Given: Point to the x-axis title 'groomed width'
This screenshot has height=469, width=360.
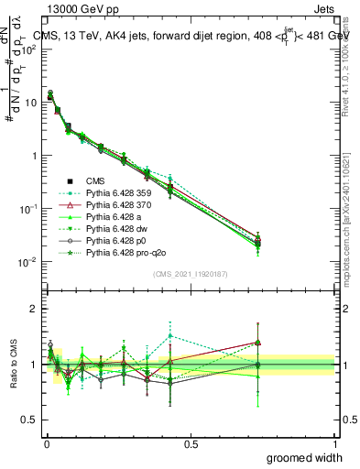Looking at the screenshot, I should click(305, 457).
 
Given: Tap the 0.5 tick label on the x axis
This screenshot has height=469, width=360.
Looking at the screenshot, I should click(191, 443).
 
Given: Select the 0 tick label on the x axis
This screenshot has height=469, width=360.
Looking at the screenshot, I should click(46, 443).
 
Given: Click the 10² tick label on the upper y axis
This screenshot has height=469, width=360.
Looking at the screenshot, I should click(27, 49).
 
